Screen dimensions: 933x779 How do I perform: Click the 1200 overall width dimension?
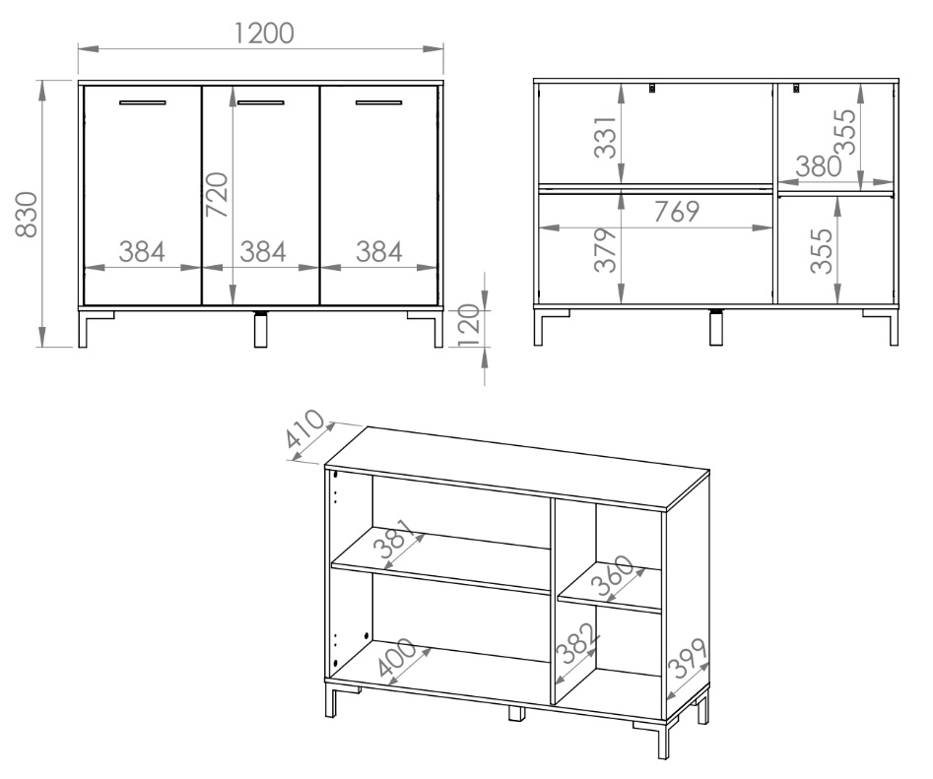(264, 33)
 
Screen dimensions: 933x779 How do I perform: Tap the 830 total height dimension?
(27, 214)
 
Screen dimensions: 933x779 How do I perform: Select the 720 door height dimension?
(217, 194)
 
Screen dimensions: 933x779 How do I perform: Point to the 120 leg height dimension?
(470, 327)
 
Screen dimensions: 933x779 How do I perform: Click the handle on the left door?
(143, 102)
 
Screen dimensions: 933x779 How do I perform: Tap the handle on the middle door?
(261, 102)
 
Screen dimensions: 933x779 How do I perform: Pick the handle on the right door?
(379, 102)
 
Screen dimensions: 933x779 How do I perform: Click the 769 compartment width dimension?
(677, 212)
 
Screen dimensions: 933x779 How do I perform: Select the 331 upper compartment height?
(606, 137)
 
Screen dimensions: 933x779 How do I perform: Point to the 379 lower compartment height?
(606, 250)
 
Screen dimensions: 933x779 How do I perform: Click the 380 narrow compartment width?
(819, 166)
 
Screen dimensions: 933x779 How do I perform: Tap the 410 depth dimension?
(305, 428)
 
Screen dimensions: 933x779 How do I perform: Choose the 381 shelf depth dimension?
(397, 540)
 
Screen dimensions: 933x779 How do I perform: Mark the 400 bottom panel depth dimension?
(397, 657)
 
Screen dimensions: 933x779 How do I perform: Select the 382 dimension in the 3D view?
(576, 643)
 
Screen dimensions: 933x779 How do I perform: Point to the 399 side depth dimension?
(688, 658)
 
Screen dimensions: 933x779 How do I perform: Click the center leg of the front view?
(261, 328)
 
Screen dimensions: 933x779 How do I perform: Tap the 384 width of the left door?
(142, 251)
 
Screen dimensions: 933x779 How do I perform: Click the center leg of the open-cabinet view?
(716, 326)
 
